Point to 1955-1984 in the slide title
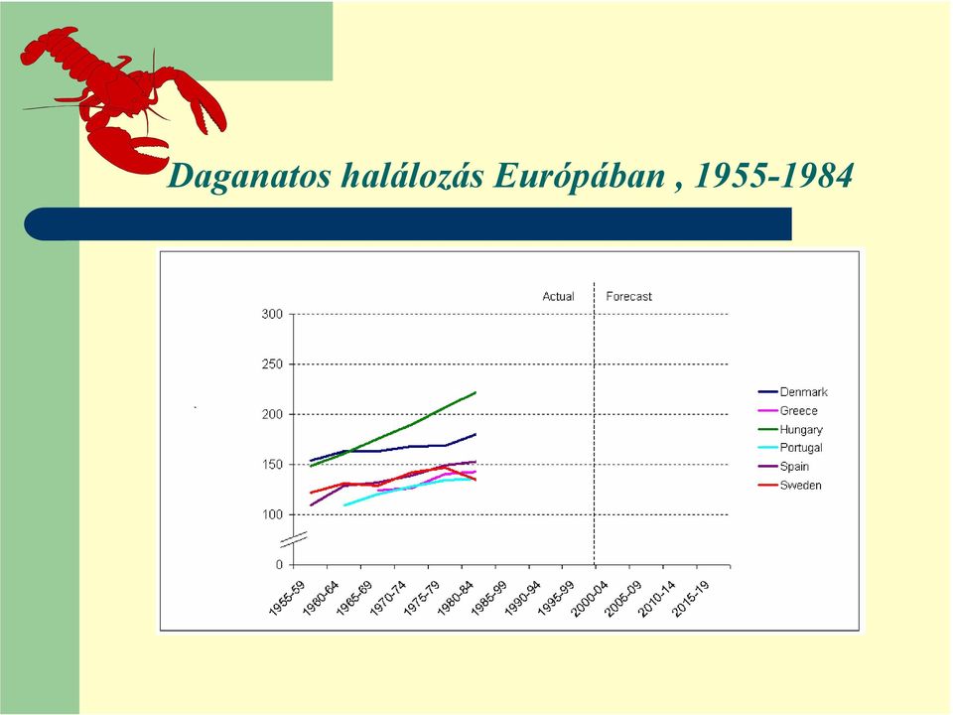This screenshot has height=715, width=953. coord(773,176)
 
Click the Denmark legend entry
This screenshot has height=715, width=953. coord(793,392)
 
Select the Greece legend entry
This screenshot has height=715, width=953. coord(788,411)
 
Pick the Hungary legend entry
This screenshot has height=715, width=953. coord(791,430)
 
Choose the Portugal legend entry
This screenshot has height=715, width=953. coord(791,448)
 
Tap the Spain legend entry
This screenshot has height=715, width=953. coord(784,467)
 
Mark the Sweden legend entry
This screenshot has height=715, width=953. coord(790,486)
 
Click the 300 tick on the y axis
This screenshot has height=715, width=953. coord(272,315)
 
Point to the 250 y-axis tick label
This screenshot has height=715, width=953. coord(272,364)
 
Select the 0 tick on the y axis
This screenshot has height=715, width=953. coord(279,565)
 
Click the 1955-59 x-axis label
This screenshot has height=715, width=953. coord(287,599)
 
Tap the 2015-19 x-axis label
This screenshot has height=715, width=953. coord(692,599)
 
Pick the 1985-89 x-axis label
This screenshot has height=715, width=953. coord(489,599)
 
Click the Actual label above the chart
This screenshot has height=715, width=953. coord(558,297)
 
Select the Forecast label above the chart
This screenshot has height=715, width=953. coord(628,297)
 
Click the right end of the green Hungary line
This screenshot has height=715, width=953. coord(476,392)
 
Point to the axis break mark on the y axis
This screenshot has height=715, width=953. coord(294,538)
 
